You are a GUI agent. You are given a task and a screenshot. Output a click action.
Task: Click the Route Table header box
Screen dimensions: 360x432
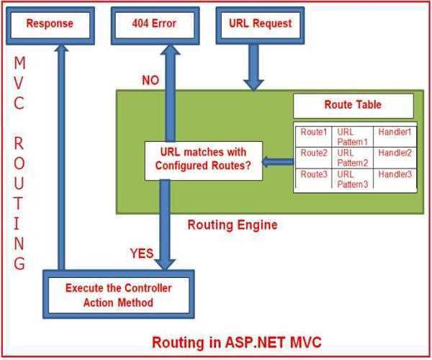(x=353, y=105)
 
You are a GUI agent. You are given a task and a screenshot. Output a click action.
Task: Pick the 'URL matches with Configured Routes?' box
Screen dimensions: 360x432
(x=200, y=160)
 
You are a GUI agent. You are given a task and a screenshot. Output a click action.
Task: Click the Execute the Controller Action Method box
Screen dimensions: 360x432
(x=118, y=295)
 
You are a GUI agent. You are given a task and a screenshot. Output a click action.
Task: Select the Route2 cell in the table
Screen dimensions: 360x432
(x=313, y=153)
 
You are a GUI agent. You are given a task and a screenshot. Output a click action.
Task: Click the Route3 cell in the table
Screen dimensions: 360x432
(x=313, y=175)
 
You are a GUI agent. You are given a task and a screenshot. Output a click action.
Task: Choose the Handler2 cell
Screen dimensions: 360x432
(x=395, y=153)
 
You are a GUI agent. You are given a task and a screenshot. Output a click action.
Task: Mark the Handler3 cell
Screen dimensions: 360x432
(x=395, y=175)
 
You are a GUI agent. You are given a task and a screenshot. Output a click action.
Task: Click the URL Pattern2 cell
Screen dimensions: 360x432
(x=353, y=158)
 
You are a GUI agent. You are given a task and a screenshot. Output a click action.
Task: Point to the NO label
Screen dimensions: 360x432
(x=150, y=80)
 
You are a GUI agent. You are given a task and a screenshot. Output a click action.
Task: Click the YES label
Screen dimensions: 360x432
(x=142, y=253)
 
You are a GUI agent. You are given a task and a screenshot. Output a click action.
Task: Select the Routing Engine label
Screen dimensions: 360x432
(x=232, y=225)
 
